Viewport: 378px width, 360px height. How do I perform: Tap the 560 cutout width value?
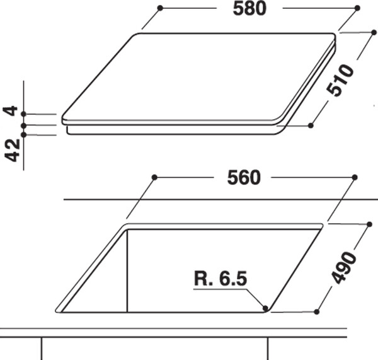pos(244,178)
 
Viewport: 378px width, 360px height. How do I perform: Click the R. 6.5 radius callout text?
pos(220,278)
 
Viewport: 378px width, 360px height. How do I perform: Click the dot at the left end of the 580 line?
pos(161,8)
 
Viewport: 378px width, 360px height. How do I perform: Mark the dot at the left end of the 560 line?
pos(154,177)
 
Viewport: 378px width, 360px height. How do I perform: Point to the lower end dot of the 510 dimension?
pos(311,125)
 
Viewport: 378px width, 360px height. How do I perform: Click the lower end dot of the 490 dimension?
pos(316,310)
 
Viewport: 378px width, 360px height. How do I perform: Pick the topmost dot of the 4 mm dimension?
pos(23,114)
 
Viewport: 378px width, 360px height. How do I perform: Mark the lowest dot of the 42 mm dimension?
pos(23,134)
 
